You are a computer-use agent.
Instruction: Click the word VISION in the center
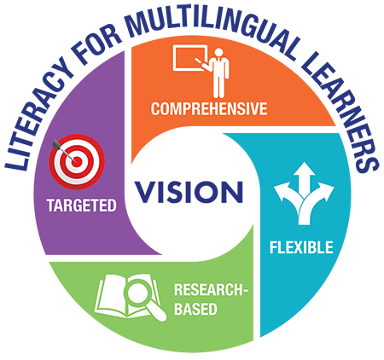189,192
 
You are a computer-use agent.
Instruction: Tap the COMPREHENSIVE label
209,108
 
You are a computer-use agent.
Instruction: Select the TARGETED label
82,206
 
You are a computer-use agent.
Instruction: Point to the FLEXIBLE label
301,247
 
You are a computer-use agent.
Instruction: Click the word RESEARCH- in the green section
211,290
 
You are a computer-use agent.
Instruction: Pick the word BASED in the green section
195,309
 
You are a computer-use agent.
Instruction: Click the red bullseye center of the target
77,162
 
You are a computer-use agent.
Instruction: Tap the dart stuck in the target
62,150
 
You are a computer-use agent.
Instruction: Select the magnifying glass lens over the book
138,293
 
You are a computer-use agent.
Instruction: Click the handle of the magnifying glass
158,312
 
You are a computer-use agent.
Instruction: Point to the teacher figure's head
218,52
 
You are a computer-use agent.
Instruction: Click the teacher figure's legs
218,84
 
